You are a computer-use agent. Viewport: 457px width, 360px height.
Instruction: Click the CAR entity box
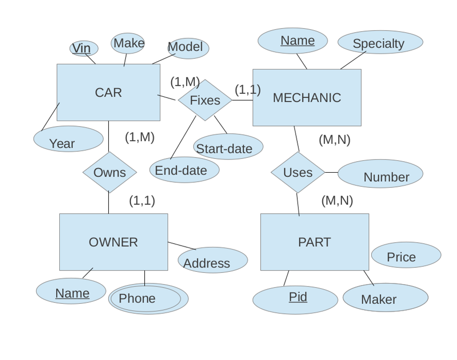(108, 92)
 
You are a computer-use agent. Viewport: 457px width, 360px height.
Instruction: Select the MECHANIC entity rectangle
(307, 97)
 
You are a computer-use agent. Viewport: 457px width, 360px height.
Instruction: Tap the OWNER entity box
(113, 242)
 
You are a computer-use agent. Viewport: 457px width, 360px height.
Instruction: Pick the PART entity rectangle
(315, 242)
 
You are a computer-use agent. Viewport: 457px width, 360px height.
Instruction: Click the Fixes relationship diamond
(205, 100)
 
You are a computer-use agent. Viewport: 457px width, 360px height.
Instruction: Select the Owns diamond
(110, 172)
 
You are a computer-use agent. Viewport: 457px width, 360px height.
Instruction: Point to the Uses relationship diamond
(298, 172)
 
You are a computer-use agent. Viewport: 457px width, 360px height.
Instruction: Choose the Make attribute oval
(128, 43)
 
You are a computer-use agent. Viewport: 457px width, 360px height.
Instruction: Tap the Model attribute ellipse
(188, 48)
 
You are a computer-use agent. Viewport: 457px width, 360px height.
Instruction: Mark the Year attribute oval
(68, 139)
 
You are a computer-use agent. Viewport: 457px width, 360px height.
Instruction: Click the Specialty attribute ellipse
(380, 42)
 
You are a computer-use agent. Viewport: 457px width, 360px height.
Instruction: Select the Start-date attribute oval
(228, 147)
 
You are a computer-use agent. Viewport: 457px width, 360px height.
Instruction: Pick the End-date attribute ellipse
(184, 170)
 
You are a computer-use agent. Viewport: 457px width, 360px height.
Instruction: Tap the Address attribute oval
(213, 260)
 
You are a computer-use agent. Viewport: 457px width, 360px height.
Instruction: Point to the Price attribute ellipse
(406, 255)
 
